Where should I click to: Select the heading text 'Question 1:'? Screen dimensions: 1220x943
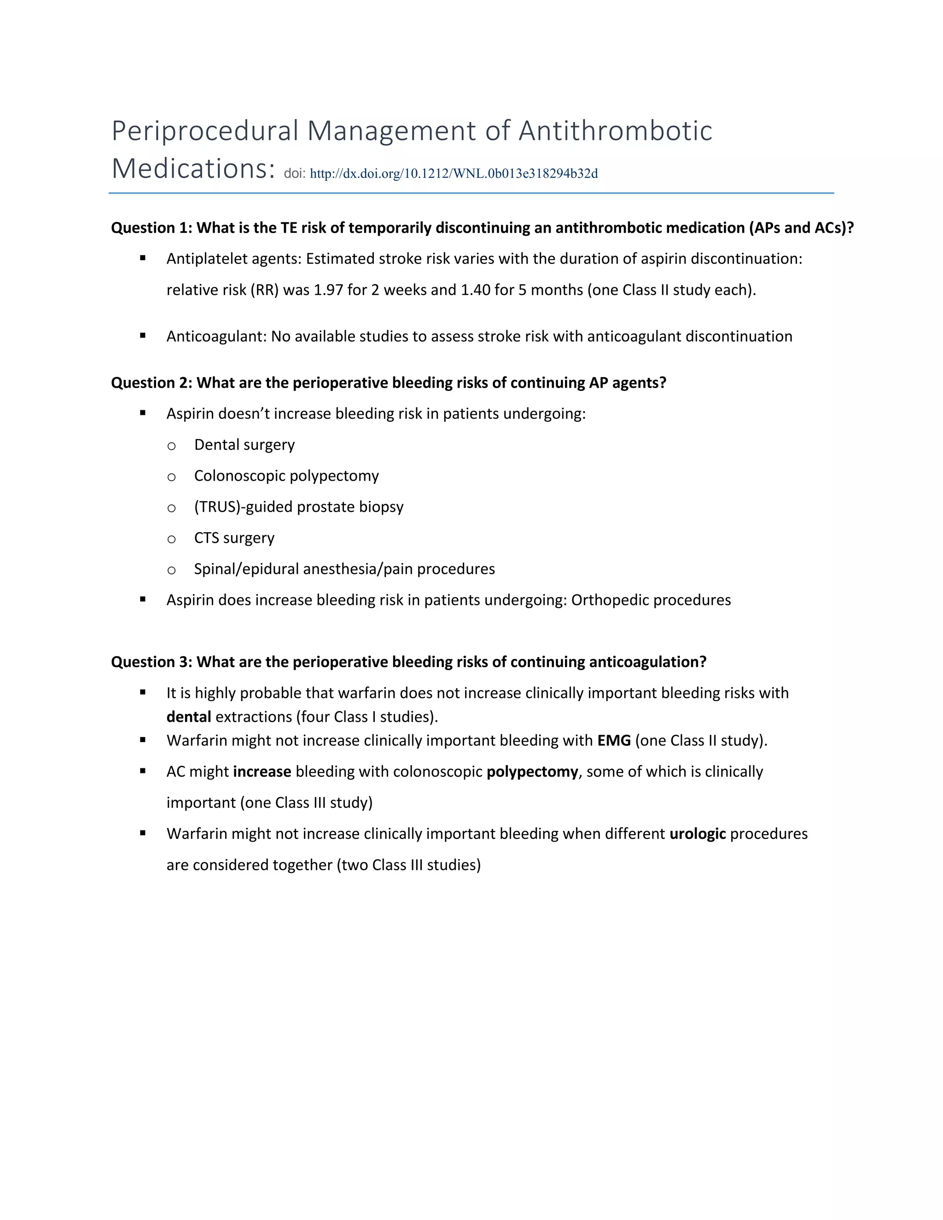(151, 228)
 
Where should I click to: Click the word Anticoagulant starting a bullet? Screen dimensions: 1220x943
(215, 336)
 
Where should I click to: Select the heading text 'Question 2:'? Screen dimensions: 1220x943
(151, 383)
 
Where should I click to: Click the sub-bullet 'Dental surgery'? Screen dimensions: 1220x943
(244, 445)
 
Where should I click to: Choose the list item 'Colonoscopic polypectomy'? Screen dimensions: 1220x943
(286, 476)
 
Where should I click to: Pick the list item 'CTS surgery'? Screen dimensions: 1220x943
(234, 538)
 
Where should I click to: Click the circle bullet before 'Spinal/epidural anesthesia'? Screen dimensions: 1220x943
(171, 570)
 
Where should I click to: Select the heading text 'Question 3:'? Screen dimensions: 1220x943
(151, 662)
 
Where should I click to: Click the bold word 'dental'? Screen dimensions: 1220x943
(189, 717)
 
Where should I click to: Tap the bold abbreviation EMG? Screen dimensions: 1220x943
(614, 741)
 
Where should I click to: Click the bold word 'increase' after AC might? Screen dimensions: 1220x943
(262, 772)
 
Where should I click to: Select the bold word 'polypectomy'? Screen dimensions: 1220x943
(532, 772)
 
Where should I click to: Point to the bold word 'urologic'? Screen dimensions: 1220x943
(697, 834)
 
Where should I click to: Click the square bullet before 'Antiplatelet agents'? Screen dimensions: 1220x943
(143, 258)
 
